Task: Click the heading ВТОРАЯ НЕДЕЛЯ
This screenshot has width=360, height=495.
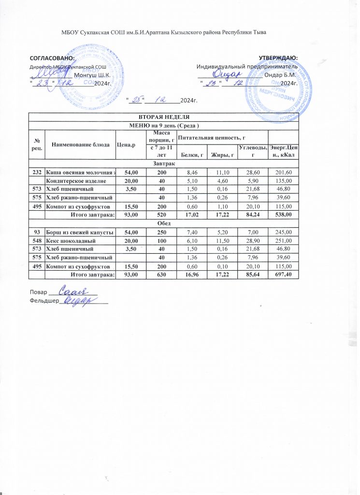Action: (164, 117)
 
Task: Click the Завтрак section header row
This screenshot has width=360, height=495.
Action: (164, 163)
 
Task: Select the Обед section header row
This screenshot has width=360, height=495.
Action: (164, 224)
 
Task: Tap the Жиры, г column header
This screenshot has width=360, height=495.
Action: (220, 154)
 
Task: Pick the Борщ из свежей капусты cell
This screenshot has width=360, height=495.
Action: (80, 233)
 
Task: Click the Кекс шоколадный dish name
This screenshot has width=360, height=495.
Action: (70, 240)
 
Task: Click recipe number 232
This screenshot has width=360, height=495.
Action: (37, 172)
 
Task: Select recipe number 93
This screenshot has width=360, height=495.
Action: (37, 233)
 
